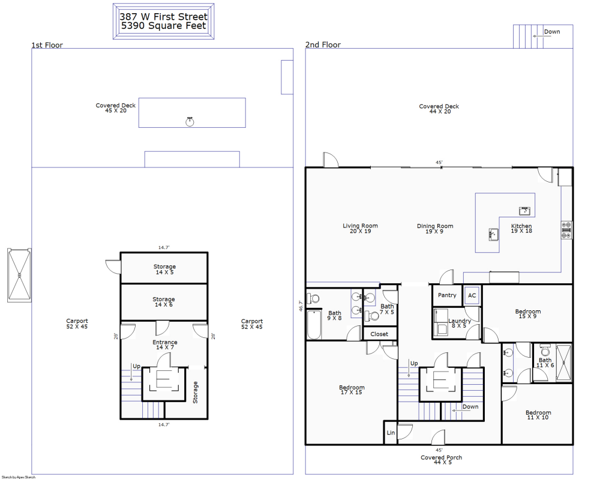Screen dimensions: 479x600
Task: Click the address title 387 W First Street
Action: tap(164, 17)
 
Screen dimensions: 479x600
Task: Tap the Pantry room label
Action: tap(447, 295)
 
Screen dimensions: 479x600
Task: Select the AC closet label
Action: tap(472, 295)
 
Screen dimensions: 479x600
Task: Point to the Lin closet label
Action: tap(391, 433)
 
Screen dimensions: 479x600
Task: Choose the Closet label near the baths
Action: tap(379, 334)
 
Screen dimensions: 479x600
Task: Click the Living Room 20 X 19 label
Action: tap(360, 229)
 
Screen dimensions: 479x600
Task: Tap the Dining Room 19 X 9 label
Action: tap(435, 229)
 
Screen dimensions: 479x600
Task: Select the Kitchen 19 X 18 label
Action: tap(521, 229)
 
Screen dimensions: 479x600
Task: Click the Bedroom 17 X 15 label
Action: tap(352, 390)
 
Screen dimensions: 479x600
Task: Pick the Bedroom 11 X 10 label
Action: tap(538, 415)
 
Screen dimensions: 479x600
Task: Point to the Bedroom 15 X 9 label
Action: tap(528, 314)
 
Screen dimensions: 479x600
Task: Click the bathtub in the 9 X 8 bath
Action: tap(314, 325)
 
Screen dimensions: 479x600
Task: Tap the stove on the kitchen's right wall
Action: tap(566, 230)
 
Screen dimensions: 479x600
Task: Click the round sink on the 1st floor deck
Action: tap(190, 122)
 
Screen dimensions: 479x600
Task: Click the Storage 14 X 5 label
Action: tap(164, 270)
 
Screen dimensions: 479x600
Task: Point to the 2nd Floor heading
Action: tap(323, 45)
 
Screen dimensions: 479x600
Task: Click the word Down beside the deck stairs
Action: tap(552, 32)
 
